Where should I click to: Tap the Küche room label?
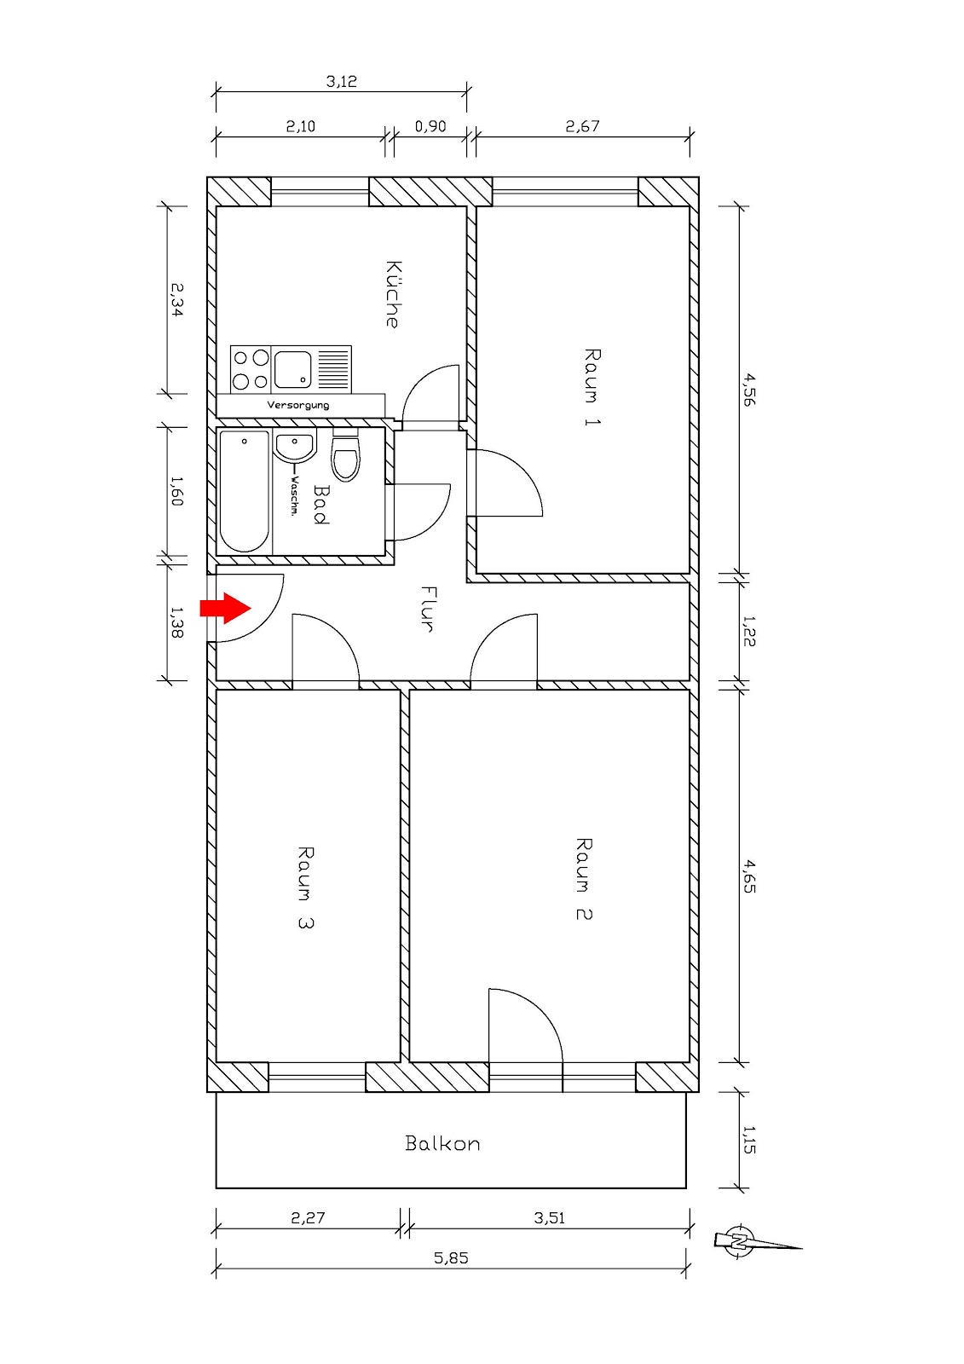coord(392,294)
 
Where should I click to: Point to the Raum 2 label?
coord(584,878)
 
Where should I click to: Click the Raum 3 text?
coord(305,887)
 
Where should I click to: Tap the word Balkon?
coord(442,1143)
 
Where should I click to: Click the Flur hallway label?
coord(429,608)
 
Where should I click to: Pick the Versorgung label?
coord(298,405)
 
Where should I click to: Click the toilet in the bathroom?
coord(345,459)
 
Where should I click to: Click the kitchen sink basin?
coord(292,369)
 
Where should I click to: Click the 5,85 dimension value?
coord(451,1257)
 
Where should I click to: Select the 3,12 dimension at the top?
coord(342,82)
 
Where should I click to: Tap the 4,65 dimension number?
coord(749,876)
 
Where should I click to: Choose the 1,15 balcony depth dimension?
coord(749,1140)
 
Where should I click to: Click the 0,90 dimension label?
coord(430,126)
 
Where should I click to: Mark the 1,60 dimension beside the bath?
coord(176,491)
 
